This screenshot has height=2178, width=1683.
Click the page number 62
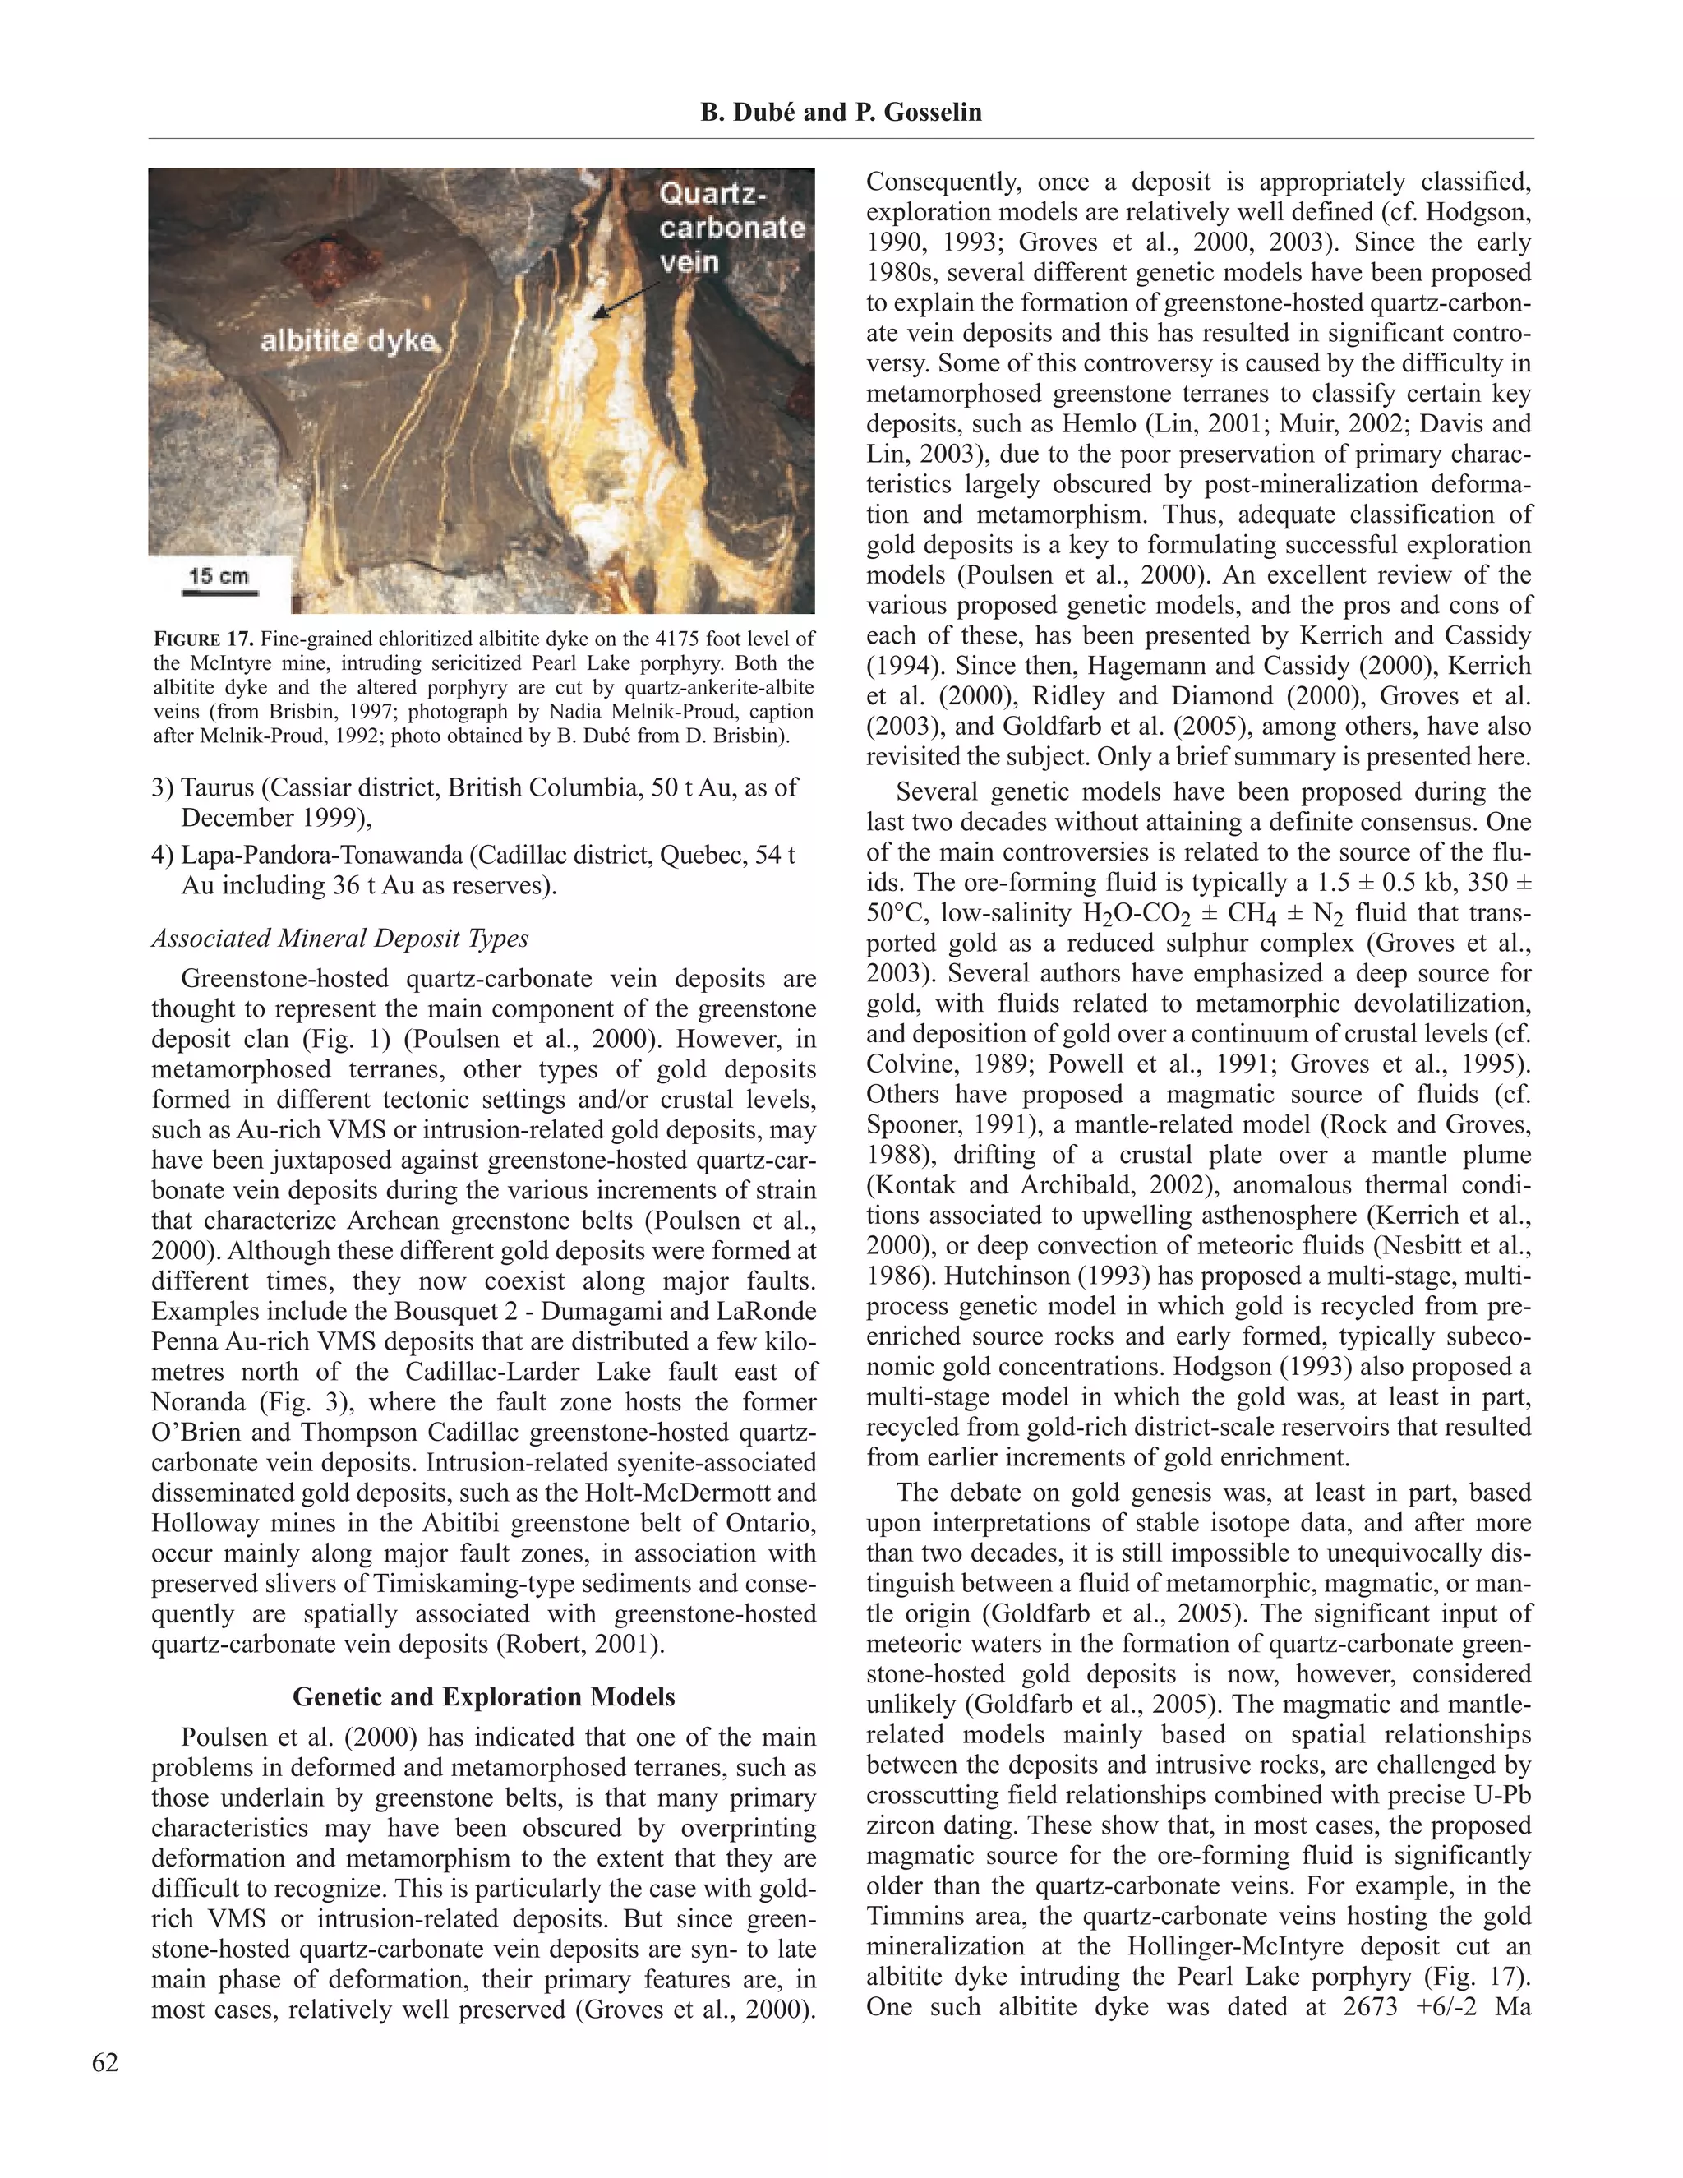[x=104, y=2063]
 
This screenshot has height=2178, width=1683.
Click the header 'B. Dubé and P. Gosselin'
[x=841, y=113]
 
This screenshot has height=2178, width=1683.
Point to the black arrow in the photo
[x=627, y=298]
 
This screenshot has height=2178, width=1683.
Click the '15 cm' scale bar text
[x=219, y=575]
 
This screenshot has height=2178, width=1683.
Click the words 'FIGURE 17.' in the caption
[x=204, y=639]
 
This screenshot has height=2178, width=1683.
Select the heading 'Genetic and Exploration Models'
[x=483, y=1697]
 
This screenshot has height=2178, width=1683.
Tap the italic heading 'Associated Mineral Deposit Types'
[x=340, y=939]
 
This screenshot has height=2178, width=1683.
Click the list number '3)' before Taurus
[x=164, y=788]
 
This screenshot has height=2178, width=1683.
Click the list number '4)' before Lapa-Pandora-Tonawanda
[x=164, y=856]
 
